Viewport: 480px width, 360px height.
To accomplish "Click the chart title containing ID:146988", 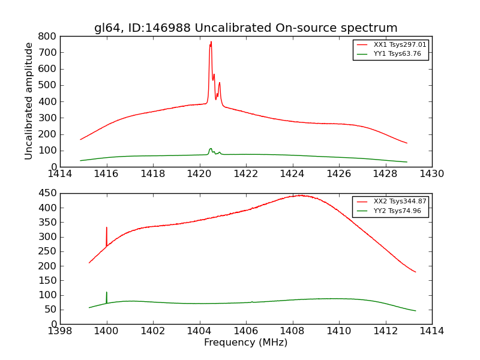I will (x=245, y=28).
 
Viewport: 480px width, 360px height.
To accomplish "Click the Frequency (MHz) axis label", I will (x=245, y=343).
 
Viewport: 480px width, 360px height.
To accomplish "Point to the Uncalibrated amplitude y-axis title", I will (x=29, y=101).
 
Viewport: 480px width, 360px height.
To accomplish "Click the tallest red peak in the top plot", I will (x=211, y=43).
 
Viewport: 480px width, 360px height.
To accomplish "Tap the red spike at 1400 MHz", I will (x=107, y=228).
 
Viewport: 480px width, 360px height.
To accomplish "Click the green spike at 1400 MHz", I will (x=107, y=293).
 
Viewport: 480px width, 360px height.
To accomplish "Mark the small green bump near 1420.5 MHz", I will (x=211, y=149).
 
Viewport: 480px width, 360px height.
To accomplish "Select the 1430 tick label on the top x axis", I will (x=431, y=174).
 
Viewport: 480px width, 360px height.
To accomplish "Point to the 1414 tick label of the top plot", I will (x=60, y=174).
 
